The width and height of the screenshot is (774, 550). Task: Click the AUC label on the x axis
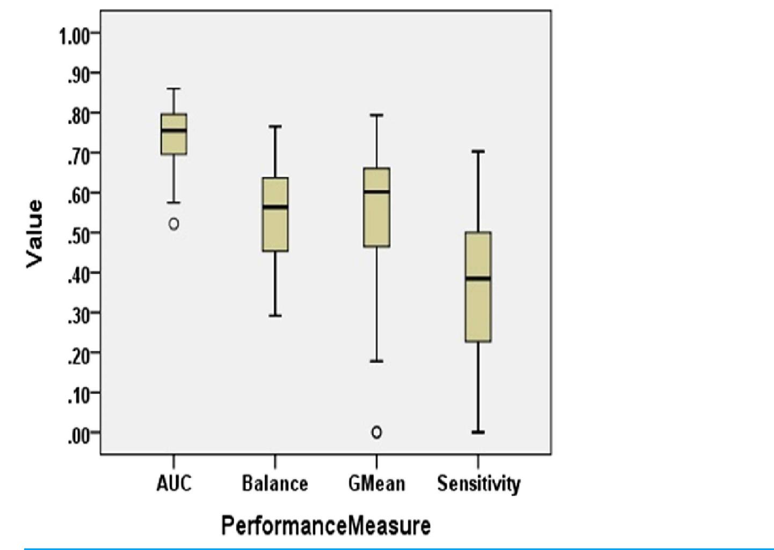click(x=173, y=483)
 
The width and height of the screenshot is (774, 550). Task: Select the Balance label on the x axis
click(x=274, y=483)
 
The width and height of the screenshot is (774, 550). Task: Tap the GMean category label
click(x=377, y=483)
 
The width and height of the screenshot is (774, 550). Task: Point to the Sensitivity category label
click(x=478, y=483)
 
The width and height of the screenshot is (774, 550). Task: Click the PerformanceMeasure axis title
click(x=325, y=525)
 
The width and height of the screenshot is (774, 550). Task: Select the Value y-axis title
click(x=34, y=234)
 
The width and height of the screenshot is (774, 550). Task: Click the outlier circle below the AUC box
click(x=173, y=224)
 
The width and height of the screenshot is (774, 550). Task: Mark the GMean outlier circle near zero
click(x=377, y=432)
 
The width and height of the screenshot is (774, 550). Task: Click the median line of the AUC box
click(x=174, y=131)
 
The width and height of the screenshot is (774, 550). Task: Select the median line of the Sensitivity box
click(x=478, y=278)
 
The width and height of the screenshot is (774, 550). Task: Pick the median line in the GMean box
click(x=377, y=192)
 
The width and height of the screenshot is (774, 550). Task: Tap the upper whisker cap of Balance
click(x=275, y=127)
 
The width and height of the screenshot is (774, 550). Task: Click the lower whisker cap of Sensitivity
click(x=478, y=432)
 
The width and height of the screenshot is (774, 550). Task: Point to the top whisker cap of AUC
click(x=173, y=89)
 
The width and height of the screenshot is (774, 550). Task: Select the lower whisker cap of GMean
click(x=377, y=361)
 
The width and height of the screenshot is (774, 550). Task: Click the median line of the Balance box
click(x=275, y=207)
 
